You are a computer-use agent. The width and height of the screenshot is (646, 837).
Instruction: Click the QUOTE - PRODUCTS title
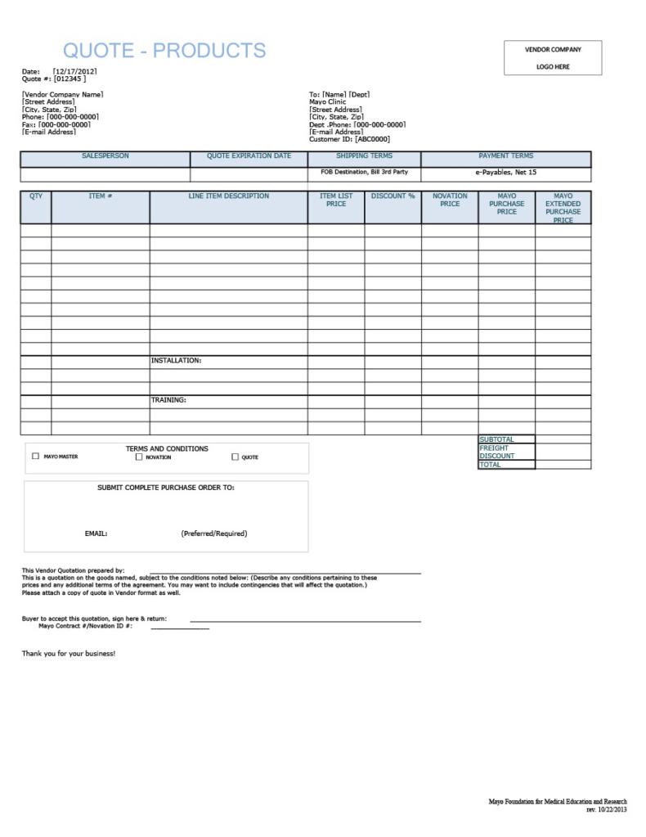pyautogui.click(x=164, y=51)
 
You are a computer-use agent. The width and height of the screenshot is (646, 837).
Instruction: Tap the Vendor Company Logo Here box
pyautogui.click(x=553, y=58)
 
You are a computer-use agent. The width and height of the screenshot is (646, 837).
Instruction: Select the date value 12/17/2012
pyautogui.click(x=75, y=71)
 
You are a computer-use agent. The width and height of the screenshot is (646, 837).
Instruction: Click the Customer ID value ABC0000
pyautogui.click(x=372, y=139)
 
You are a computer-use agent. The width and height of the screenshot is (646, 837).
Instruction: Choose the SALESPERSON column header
pyautogui.click(x=105, y=156)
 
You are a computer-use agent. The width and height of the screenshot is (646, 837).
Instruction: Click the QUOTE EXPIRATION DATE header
pyautogui.click(x=249, y=156)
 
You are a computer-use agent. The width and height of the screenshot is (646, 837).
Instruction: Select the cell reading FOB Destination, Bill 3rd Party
pyautogui.click(x=364, y=173)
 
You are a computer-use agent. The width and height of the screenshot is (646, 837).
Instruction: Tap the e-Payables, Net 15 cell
pyautogui.click(x=505, y=173)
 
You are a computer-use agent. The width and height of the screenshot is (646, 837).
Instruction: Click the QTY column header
pyautogui.click(x=36, y=196)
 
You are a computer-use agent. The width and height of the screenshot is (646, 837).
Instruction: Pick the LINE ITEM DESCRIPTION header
pyautogui.click(x=228, y=196)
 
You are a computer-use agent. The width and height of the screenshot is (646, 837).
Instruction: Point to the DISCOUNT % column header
pyautogui.click(x=393, y=196)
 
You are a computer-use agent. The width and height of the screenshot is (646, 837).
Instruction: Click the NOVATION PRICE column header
pyautogui.click(x=450, y=200)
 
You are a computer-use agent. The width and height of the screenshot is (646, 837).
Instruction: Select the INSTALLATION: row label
pyautogui.click(x=176, y=361)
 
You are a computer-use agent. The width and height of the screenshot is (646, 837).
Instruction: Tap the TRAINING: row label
pyautogui.click(x=168, y=400)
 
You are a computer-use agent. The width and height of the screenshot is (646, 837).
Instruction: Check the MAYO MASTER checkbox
pyautogui.click(x=35, y=457)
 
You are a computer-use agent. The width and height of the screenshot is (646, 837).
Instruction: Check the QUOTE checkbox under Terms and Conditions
pyautogui.click(x=236, y=457)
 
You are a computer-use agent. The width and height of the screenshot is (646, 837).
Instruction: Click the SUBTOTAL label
pyautogui.click(x=496, y=439)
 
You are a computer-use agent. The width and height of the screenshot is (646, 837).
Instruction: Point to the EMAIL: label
pyautogui.click(x=96, y=533)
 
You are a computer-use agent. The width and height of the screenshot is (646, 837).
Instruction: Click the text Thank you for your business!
pyautogui.click(x=69, y=654)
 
